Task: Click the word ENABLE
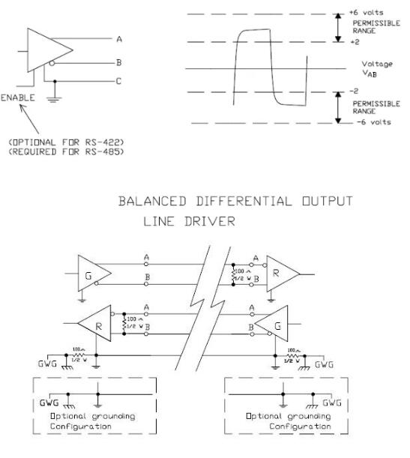coord(16,98)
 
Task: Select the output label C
coord(119,81)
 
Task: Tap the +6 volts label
coord(365,13)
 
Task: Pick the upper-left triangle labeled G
coord(93,276)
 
